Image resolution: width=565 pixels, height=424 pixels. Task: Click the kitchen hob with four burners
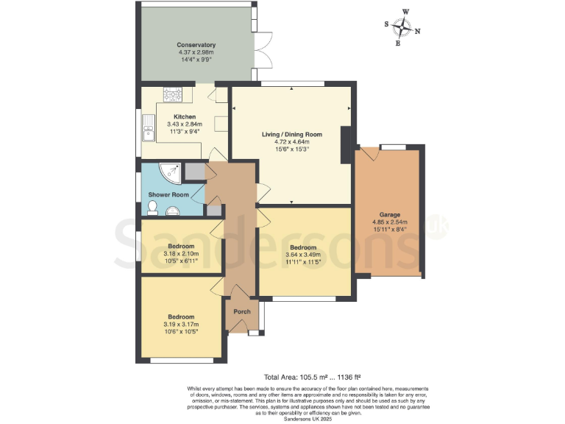point(173,93)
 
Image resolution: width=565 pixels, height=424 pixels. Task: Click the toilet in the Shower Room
point(152,209)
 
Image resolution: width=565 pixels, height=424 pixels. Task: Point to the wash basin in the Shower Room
point(174,211)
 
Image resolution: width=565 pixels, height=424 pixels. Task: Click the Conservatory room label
point(196,45)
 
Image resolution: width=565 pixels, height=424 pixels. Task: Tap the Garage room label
point(390,214)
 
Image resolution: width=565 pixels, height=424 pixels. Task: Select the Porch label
point(242,311)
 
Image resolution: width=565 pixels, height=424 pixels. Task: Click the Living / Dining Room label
point(292,134)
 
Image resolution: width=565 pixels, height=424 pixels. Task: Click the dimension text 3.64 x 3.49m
point(302,255)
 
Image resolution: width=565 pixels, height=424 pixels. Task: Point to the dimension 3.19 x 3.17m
point(180,324)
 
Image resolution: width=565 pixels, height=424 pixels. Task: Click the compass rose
point(402,28)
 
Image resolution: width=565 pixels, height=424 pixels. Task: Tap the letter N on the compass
point(418,31)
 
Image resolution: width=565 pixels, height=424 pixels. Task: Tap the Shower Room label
point(168,195)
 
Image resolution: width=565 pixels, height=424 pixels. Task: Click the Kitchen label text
point(184,117)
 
